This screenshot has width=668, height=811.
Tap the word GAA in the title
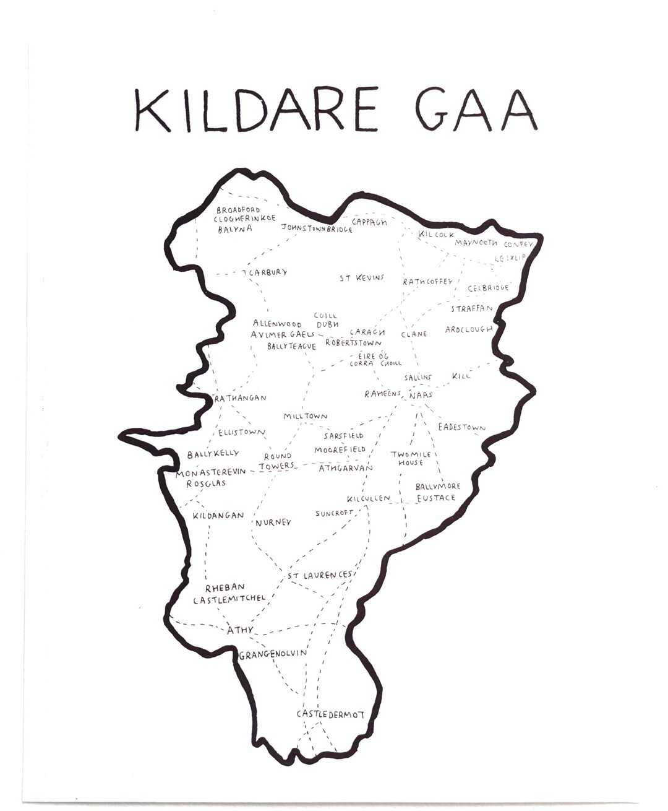tap(475, 110)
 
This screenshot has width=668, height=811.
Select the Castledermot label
tap(330, 714)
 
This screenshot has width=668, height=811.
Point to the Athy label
tap(240, 630)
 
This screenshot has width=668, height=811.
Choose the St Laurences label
tap(320, 575)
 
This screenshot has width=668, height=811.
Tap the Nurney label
tap(273, 523)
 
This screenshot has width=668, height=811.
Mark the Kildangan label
tap(218, 515)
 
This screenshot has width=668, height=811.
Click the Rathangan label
tap(240, 398)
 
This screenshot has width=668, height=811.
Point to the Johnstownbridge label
tap(317, 228)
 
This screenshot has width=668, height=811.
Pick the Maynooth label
tap(476, 243)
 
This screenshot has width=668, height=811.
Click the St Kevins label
tap(362, 278)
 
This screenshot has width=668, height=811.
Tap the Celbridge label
tap(488, 288)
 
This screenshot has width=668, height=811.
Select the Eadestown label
tap(461, 427)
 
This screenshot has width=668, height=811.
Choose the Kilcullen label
tap(369, 498)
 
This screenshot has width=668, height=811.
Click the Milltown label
tap(306, 417)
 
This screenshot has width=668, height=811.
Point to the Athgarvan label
tap(346, 468)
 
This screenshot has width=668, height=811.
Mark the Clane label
tap(414, 334)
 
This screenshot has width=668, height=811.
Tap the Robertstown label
tap(353, 342)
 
